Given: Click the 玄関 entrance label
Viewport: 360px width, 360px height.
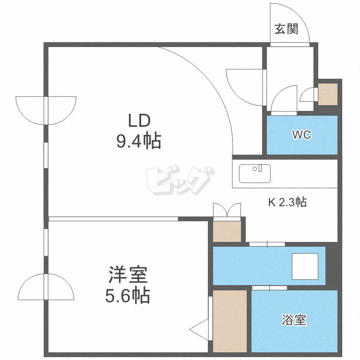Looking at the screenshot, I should pos(287,29).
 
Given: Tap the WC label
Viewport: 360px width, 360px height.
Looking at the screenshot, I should pos(302,135).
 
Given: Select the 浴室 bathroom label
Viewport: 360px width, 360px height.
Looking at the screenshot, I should pos(294,320).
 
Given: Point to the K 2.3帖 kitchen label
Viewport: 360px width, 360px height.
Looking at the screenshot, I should pos(287,202).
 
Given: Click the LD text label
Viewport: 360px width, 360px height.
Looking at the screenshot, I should pos(139,120).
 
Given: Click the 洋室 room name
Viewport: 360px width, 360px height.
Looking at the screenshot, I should pos(127,276).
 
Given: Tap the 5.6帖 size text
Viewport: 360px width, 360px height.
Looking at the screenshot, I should pos(127,296).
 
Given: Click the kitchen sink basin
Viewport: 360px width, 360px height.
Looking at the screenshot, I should pos(254,173).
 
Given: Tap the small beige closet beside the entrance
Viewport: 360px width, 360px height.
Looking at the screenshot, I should pos(328,94).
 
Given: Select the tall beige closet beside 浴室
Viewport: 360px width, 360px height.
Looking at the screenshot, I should pos(229,321).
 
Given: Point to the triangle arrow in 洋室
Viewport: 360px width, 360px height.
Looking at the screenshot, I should pos(201,330).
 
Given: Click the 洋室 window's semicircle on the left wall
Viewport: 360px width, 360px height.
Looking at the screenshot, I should pos(47,288).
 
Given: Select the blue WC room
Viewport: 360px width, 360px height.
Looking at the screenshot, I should pos(302,135).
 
